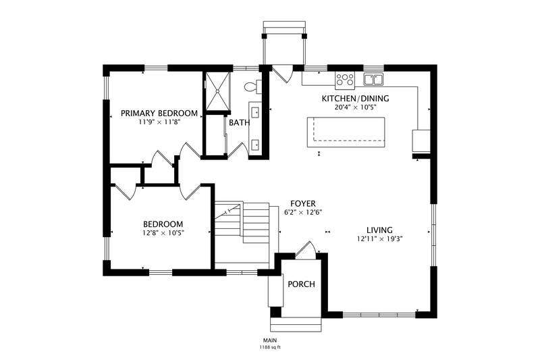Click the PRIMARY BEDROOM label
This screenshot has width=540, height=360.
point(159,113)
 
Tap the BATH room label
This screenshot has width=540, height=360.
point(240,122)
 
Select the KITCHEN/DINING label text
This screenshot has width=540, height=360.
point(356,99)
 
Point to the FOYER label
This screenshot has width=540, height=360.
point(302,203)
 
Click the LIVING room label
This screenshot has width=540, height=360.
point(379,230)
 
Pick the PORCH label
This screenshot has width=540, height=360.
point(301,284)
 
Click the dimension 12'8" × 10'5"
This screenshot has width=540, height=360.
point(163,232)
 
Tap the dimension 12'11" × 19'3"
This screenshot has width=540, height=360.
point(380,238)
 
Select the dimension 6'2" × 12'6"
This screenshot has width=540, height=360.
point(302,212)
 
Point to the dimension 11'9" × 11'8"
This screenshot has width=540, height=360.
point(159,122)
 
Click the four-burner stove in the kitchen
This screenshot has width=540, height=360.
point(345,79)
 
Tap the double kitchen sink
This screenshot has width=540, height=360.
point(374,79)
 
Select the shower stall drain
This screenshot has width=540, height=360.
point(217,91)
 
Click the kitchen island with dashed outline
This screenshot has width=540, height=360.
point(346,132)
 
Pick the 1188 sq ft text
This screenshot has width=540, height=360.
point(270,347)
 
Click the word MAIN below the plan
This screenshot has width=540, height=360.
point(271,340)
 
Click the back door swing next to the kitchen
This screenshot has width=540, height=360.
point(282,74)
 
